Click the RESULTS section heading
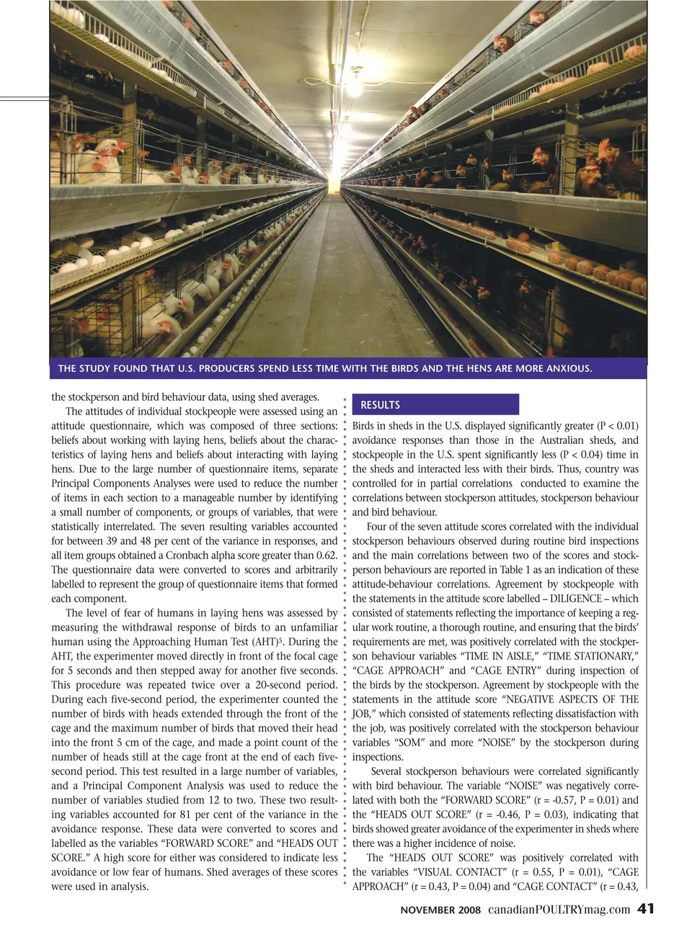pyautogui.click(x=380, y=405)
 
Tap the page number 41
pyautogui.click(x=646, y=909)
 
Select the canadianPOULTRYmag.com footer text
pyautogui.click(x=558, y=910)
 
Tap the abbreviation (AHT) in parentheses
pyautogui.click(x=262, y=641)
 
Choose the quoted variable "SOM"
pyautogui.click(x=408, y=742)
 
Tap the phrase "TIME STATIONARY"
pyautogui.click(x=593, y=656)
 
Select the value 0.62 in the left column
pyautogui.click(x=326, y=555)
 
